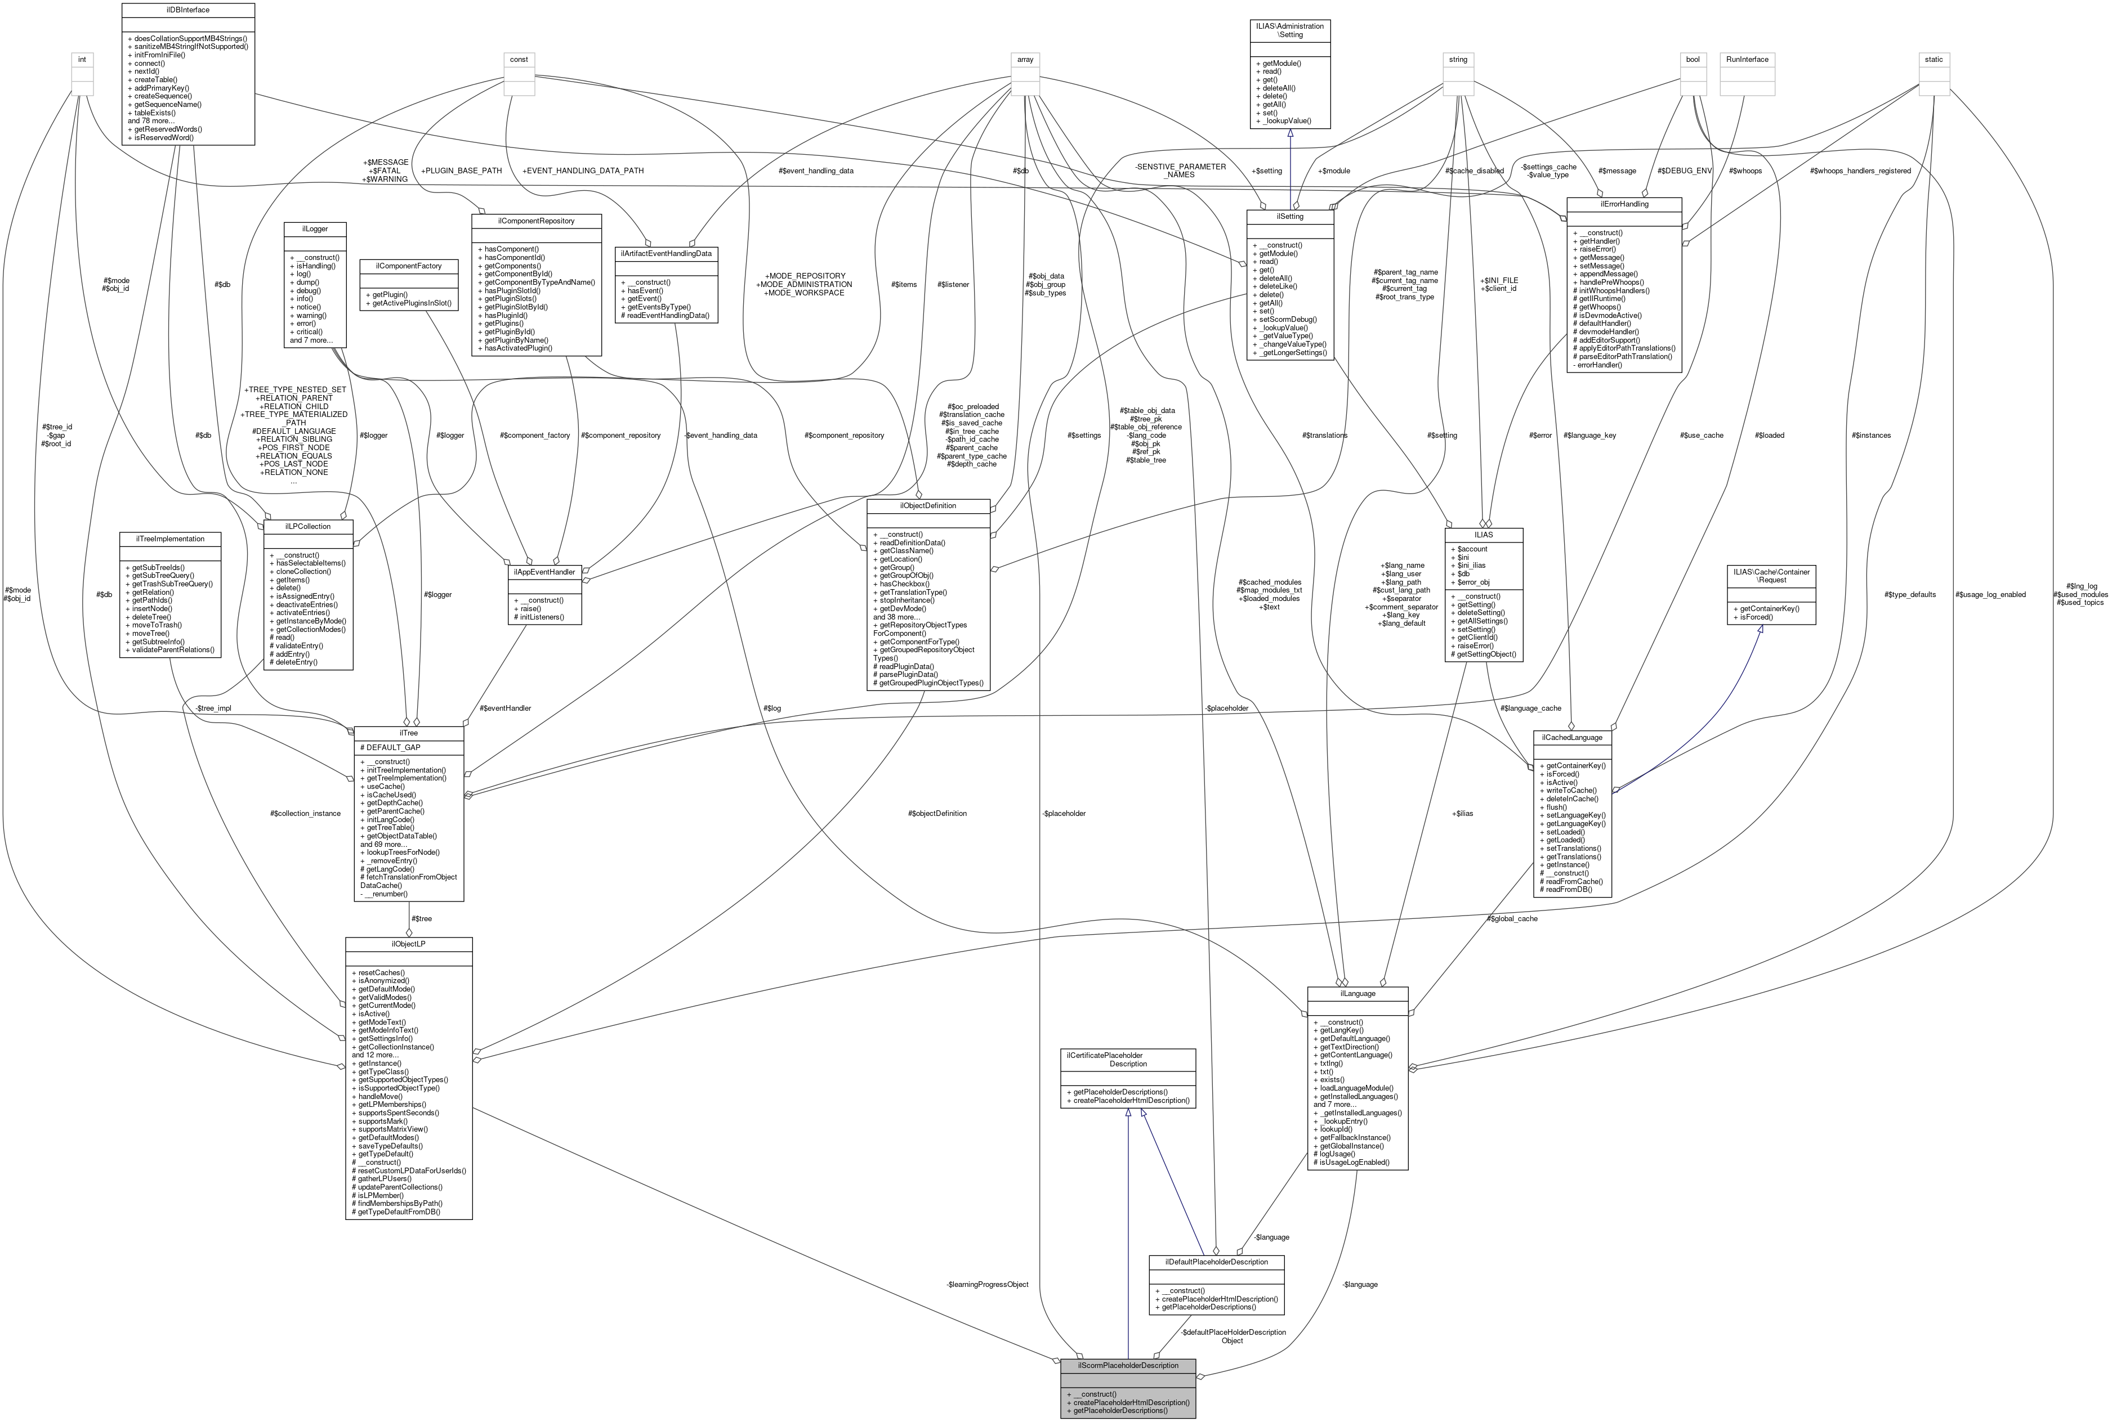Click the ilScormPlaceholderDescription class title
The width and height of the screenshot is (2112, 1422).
click(1128, 1365)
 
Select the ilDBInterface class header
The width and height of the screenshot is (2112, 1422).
click(188, 10)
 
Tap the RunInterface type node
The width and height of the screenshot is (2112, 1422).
click(1747, 59)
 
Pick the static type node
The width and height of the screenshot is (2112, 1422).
click(1934, 59)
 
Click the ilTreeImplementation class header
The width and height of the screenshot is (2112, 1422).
click(169, 539)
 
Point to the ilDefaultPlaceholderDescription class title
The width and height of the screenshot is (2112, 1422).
click(1216, 1262)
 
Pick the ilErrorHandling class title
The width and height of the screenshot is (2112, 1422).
click(1624, 204)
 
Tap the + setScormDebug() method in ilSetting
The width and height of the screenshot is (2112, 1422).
click(1287, 319)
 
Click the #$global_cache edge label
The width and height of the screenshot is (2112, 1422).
click(1512, 919)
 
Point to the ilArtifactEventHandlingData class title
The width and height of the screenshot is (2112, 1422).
click(666, 253)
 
